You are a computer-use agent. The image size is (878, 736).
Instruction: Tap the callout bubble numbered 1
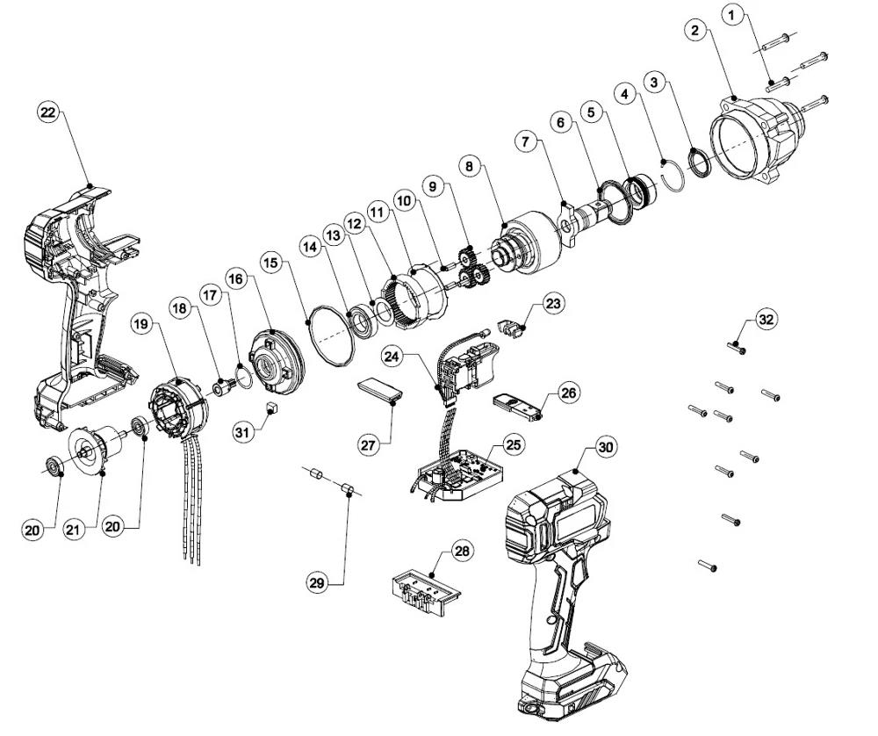[x=735, y=15]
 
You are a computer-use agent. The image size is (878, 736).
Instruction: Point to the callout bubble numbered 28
[x=462, y=552]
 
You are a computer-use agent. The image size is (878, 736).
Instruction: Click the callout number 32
[x=766, y=320]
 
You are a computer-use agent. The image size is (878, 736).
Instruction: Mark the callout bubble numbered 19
[x=143, y=323]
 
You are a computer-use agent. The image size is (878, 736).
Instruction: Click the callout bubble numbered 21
[x=76, y=529]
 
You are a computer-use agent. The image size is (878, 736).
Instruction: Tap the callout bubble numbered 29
[x=318, y=581]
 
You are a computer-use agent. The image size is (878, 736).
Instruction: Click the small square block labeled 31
[x=271, y=407]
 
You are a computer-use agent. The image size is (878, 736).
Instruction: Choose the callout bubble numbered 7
[x=526, y=140]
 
